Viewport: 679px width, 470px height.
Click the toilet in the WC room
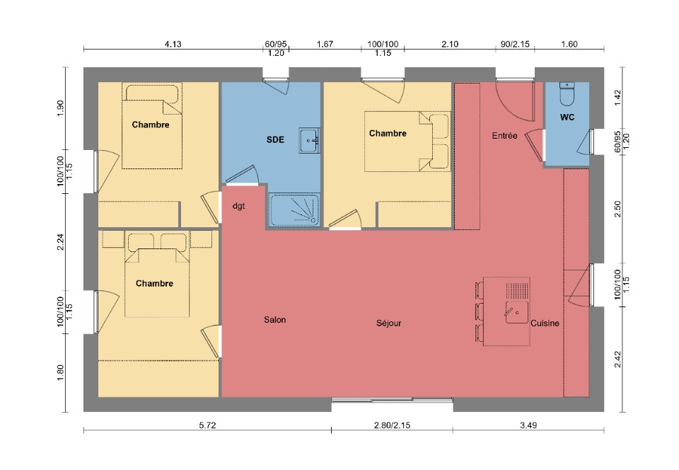coord(567,94)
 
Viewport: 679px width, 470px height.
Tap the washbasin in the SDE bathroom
coord(309,140)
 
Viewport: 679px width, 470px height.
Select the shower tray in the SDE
coord(294,210)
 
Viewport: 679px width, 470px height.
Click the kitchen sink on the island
coord(516,312)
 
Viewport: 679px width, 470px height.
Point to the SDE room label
coord(275,139)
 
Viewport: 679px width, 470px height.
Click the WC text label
coord(567,117)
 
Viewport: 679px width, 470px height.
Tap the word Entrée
coord(504,136)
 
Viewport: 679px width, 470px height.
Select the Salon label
coord(275,320)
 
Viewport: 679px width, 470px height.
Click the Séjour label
coord(388,323)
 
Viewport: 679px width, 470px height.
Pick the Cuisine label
coord(545,323)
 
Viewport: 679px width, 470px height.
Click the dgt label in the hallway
coord(238,206)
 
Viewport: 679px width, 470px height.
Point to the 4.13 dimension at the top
coord(173,44)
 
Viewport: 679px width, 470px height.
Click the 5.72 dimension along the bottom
coord(207,425)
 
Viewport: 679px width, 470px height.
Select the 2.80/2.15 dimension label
coord(392,425)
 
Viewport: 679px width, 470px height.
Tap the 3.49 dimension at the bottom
coord(528,425)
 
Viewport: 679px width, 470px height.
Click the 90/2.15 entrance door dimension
coord(515,44)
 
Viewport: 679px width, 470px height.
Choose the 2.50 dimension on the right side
coord(618,209)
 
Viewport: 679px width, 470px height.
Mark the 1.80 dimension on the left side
coord(61,373)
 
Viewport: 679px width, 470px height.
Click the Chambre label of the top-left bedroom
coord(150,125)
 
